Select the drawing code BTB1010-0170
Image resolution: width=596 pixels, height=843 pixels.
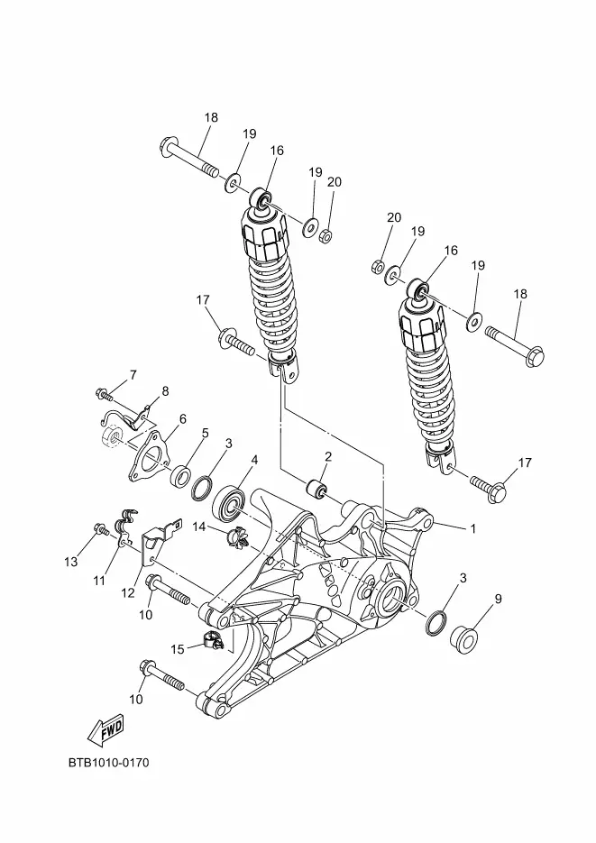point(108,763)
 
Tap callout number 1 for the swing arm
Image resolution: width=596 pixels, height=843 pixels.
point(473,529)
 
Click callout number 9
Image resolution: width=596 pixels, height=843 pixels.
point(499,599)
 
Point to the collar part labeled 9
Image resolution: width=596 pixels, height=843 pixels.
point(463,640)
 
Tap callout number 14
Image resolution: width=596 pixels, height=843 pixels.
point(199,527)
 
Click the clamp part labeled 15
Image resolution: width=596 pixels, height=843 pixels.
point(213,640)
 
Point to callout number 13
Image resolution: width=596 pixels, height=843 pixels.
point(70,562)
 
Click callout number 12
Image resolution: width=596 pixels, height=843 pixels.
point(127,593)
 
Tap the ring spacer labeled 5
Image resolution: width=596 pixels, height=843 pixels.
point(181,475)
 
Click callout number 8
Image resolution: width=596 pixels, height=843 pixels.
point(165,391)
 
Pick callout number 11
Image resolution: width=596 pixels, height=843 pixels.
point(99,581)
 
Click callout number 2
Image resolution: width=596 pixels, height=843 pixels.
point(328,457)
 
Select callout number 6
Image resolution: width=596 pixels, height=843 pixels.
point(183,419)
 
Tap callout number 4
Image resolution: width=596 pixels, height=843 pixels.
point(255,460)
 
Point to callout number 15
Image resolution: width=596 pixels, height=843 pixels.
point(178,649)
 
